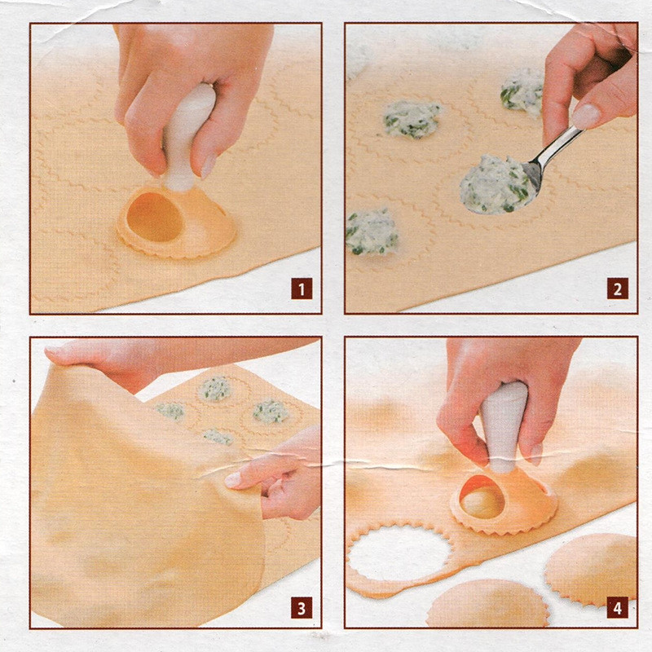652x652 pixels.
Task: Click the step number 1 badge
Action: [302, 289]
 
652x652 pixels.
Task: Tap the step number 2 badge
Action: [618, 289]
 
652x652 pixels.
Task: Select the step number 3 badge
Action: [302, 608]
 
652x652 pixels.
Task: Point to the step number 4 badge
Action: [618, 608]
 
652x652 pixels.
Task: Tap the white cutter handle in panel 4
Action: [504, 426]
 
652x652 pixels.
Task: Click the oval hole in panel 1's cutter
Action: [155, 217]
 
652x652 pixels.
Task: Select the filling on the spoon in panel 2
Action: [495, 185]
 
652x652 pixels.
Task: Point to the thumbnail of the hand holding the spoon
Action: [586, 117]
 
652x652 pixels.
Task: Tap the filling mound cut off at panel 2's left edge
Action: [372, 231]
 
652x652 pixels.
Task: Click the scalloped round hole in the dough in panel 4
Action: [399, 553]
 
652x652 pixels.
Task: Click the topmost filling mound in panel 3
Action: [214, 389]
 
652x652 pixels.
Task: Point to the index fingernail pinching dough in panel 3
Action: [233, 480]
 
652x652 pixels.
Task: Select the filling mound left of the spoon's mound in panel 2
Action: [411, 118]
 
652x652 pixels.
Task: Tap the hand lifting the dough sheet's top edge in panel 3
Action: [125, 362]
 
